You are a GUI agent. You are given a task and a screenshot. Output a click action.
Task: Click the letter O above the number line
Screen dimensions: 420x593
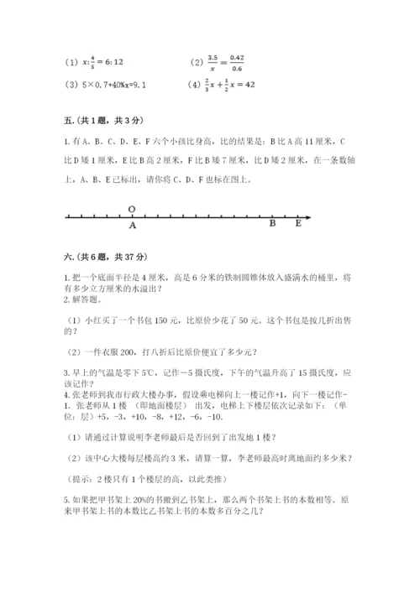(x=132, y=209)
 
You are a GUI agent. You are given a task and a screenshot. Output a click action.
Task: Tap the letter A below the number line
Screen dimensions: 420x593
(x=133, y=225)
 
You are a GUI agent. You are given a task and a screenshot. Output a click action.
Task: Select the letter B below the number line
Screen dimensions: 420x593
(x=272, y=224)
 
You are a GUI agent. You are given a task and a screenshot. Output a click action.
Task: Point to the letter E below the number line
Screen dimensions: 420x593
(x=298, y=224)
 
